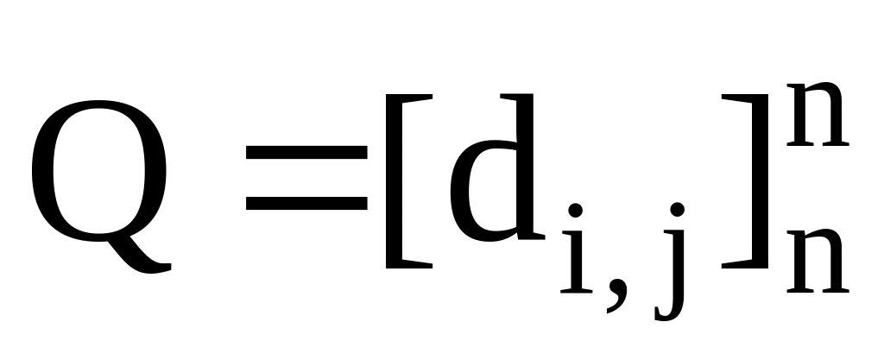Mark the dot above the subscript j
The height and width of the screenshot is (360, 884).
679,211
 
